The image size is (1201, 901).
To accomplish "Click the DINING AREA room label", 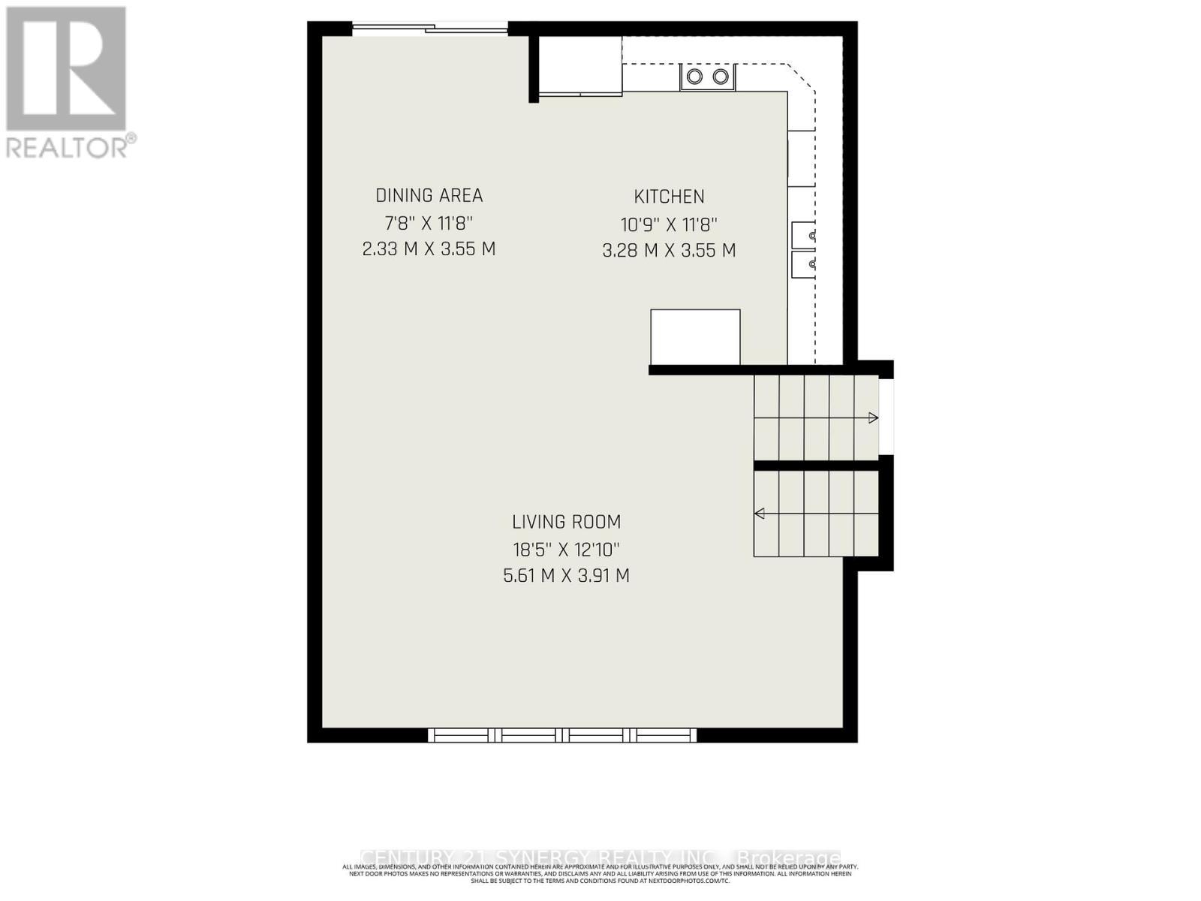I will point(429,196).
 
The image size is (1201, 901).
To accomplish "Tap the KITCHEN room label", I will point(669,197).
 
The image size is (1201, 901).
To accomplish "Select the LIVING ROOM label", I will point(566,522).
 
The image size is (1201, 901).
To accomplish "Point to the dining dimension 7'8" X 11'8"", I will point(429,223).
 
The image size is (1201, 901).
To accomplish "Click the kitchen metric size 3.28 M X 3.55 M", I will point(669,251).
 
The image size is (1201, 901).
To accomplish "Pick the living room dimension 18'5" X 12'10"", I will point(566,550).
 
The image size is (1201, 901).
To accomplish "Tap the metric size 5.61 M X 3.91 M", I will point(566,577).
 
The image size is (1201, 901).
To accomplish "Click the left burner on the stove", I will point(695,77).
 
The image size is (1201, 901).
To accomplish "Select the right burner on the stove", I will point(721,77).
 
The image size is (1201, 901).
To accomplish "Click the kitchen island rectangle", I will point(695,337).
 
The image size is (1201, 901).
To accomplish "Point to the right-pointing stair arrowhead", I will point(873,418).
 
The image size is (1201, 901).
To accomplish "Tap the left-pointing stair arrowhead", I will point(760,514).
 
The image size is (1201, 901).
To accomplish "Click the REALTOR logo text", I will point(71,146).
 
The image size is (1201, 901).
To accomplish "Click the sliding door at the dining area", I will point(430,30).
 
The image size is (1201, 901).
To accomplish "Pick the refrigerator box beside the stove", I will point(580,65).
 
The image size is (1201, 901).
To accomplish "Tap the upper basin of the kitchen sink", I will point(803,236).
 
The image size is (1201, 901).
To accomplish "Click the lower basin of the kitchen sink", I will point(803,264).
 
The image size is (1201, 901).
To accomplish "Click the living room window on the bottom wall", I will point(562,735).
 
